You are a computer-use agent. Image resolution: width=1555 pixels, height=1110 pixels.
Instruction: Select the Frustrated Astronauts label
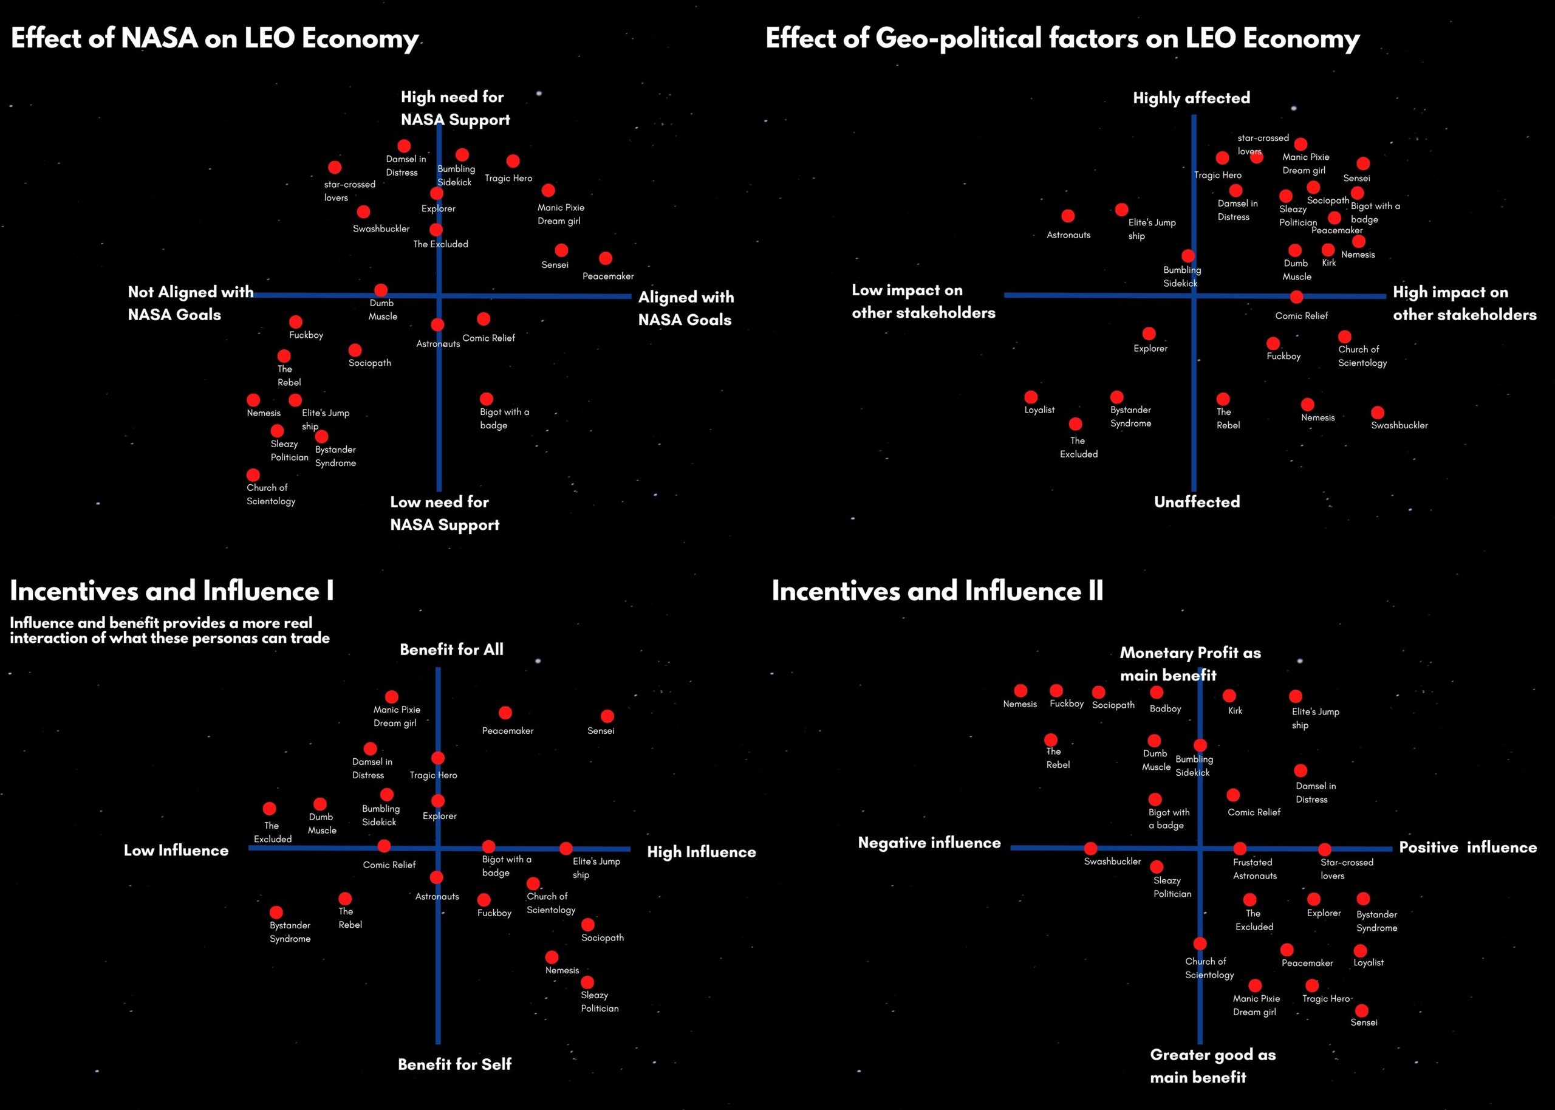click(x=1254, y=869)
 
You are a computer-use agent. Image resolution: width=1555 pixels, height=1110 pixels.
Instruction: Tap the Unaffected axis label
click(x=1196, y=502)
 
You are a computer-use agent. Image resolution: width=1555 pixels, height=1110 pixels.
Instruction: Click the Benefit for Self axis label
click(x=454, y=1064)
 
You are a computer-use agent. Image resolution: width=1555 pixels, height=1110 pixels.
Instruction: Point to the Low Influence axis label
click(x=176, y=851)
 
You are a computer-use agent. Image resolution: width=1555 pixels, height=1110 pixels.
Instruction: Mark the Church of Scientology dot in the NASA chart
click(x=253, y=474)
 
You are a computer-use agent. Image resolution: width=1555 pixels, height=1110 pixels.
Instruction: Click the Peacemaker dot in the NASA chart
click(x=606, y=258)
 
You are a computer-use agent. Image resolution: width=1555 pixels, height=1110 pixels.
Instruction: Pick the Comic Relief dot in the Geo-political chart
click(x=1296, y=296)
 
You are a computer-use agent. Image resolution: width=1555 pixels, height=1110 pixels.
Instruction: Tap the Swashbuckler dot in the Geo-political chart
click(x=1378, y=412)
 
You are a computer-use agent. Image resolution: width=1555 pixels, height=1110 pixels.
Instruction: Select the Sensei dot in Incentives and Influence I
click(x=607, y=716)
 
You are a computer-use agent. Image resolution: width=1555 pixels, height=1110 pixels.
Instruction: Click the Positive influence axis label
click(x=1468, y=848)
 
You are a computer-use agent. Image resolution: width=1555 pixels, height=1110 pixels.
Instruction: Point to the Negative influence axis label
click(x=929, y=843)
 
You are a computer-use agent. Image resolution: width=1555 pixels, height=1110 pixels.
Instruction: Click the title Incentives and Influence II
click(x=937, y=591)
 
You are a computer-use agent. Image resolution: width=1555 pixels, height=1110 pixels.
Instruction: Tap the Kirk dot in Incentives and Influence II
click(x=1229, y=696)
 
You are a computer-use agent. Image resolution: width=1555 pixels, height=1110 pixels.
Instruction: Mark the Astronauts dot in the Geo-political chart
click(x=1068, y=216)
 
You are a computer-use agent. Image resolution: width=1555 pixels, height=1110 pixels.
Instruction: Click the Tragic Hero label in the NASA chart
click(x=508, y=179)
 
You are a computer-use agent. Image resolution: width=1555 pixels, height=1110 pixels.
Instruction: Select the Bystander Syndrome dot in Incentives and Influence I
click(x=276, y=913)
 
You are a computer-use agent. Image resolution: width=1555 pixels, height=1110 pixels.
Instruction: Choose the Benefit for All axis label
click(x=451, y=649)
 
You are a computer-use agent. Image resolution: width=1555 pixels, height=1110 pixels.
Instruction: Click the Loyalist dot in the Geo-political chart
click(x=1031, y=397)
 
